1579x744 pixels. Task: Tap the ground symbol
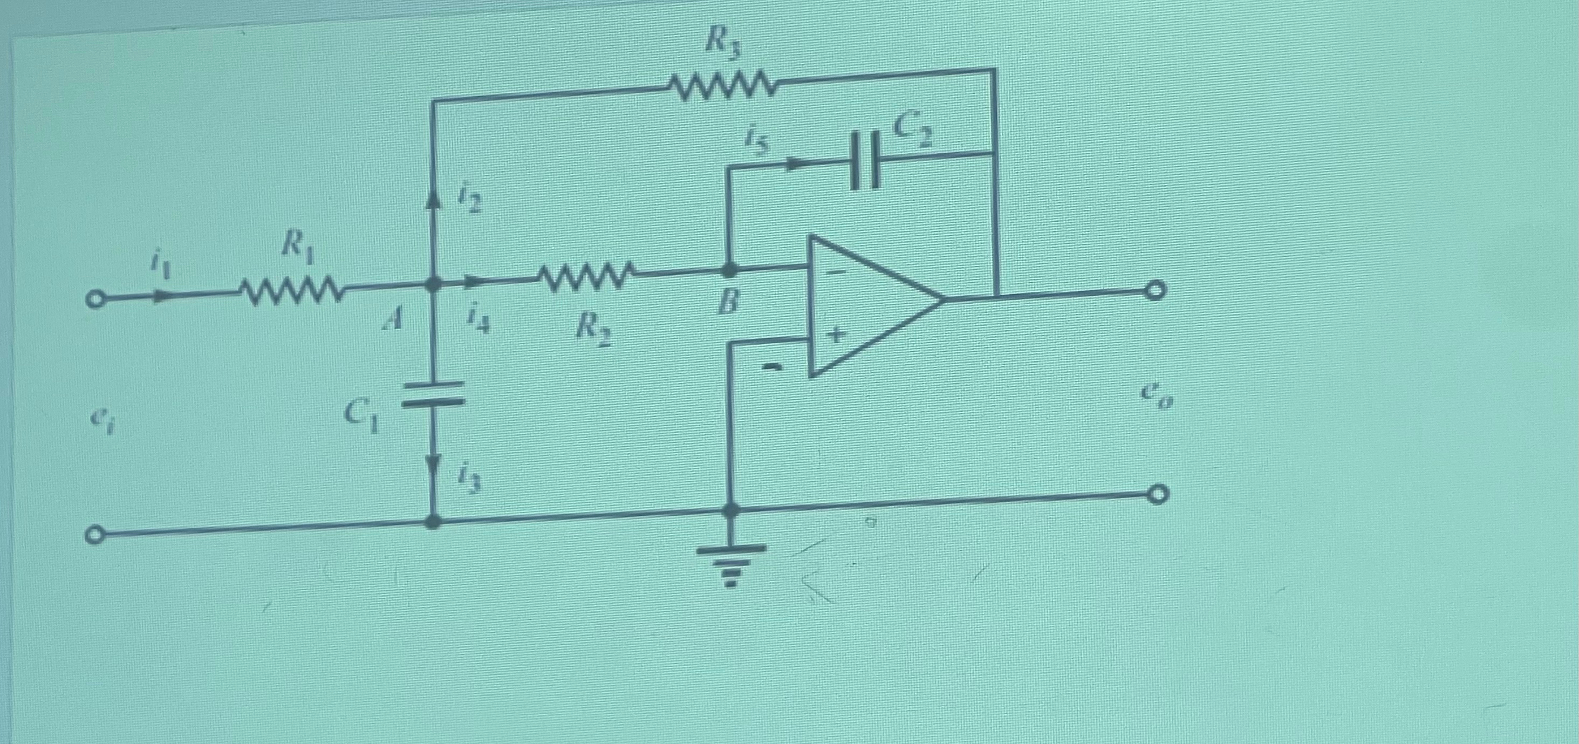[730, 564]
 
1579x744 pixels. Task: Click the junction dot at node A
[433, 284]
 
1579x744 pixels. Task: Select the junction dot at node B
[729, 269]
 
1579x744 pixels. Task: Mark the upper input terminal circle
[94, 301]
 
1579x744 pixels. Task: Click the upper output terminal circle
[1156, 290]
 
